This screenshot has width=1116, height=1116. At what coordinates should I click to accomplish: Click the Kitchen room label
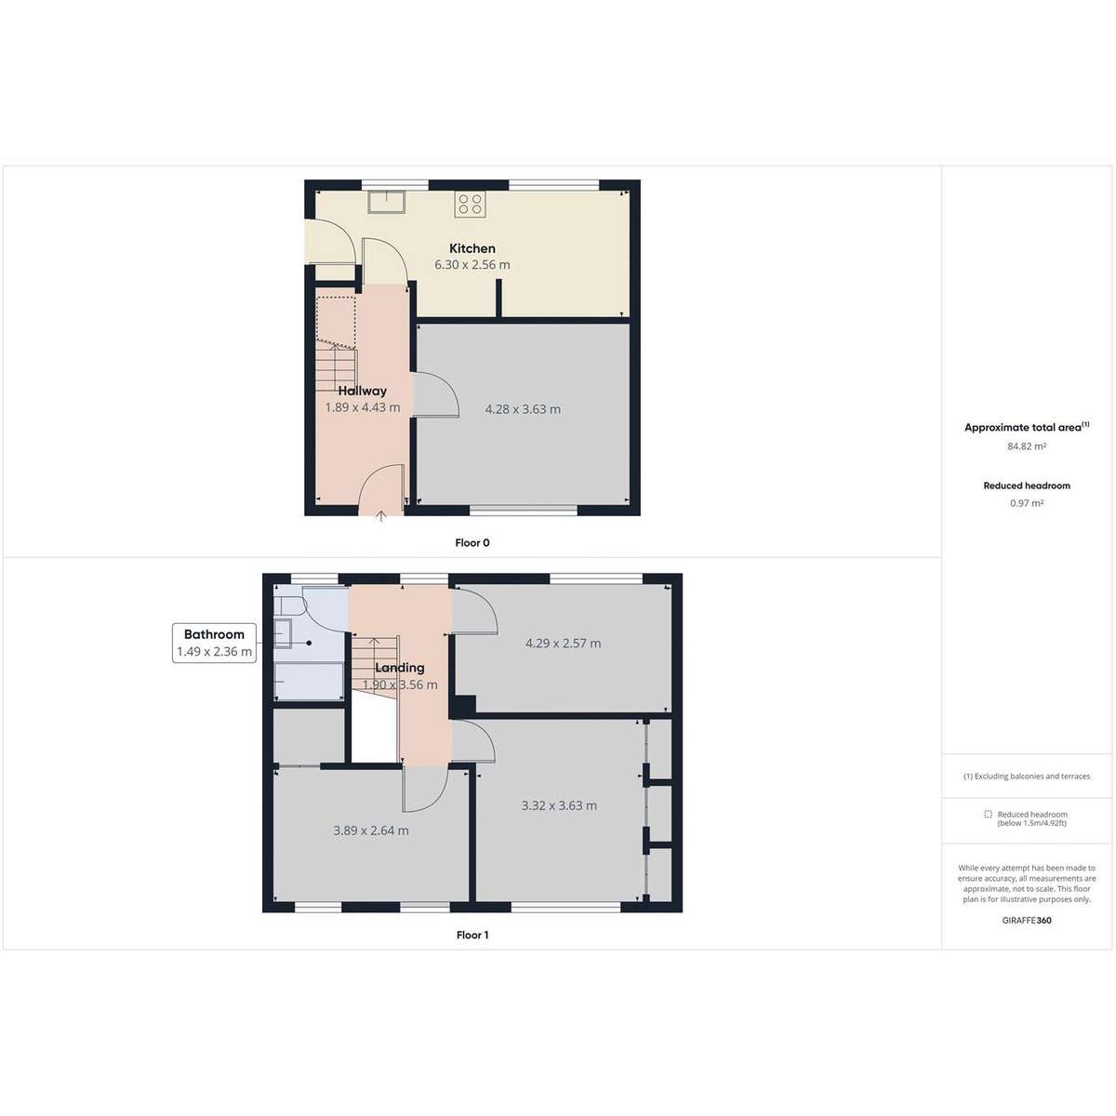tap(472, 248)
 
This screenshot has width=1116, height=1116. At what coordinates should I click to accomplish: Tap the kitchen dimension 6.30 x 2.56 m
tap(472, 265)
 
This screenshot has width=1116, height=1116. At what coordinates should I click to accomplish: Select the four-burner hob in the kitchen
tap(470, 204)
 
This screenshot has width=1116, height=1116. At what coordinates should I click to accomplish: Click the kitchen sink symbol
tap(386, 202)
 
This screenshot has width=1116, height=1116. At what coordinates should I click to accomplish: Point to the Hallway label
tap(363, 391)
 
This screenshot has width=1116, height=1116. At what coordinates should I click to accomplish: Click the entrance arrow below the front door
tap(381, 516)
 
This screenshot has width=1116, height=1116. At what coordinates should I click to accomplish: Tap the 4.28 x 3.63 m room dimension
tap(523, 409)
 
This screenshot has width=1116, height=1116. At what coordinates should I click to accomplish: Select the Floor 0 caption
tap(472, 542)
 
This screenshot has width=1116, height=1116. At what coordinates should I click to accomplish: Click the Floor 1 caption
tap(472, 935)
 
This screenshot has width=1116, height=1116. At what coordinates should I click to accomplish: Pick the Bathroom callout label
tap(214, 634)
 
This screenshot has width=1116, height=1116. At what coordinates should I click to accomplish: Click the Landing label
tap(400, 668)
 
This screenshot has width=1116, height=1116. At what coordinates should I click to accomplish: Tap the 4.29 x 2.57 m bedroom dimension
tap(563, 644)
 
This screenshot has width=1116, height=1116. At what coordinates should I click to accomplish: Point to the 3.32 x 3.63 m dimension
tap(559, 805)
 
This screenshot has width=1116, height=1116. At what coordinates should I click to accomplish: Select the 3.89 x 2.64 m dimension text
tap(371, 830)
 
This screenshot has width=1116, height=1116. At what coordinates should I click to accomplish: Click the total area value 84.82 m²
tap(1026, 446)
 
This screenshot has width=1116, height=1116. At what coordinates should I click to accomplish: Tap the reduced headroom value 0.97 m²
tap(1026, 503)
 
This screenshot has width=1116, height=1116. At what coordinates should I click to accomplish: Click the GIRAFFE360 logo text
tap(1026, 921)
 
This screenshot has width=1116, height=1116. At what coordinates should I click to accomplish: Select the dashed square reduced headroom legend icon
tap(988, 815)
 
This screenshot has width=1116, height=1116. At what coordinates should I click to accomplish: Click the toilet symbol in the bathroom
tap(289, 605)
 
